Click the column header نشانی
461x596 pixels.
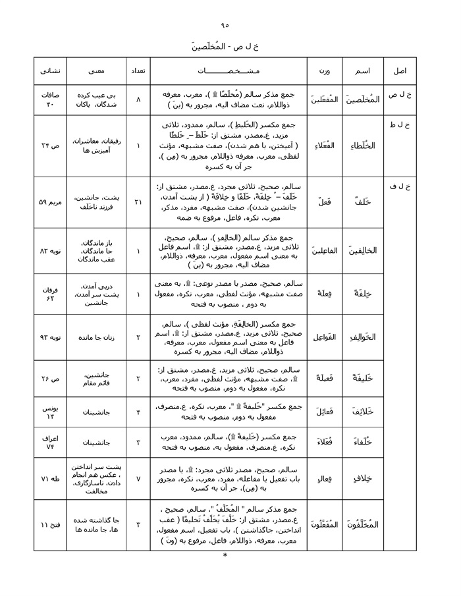50,70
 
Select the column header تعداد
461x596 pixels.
138,70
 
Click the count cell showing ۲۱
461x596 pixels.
138,202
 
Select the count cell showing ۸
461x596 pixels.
138,99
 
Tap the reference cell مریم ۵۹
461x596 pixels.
50,202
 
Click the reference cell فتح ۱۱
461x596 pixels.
50,525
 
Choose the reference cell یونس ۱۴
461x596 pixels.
50,413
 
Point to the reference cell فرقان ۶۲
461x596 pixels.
50,294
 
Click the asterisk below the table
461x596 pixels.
225,556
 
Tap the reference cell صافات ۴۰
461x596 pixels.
50,99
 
